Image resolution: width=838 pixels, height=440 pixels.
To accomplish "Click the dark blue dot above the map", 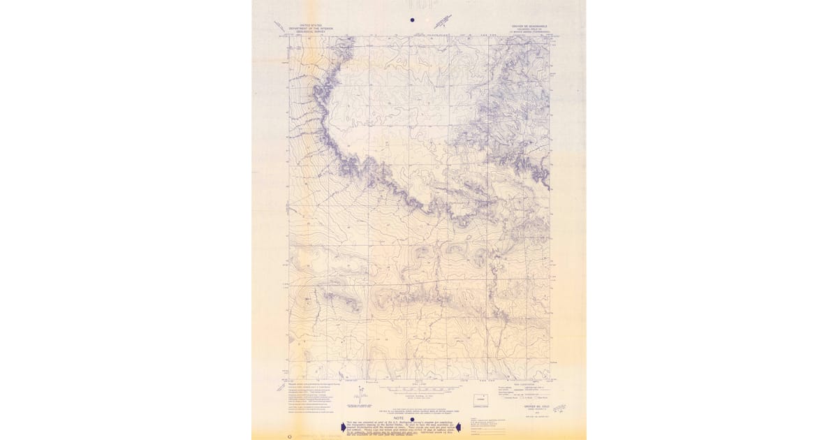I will pyautogui.click(x=412, y=20).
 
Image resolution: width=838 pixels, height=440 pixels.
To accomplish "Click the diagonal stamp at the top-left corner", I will pyautogui.click(x=281, y=28).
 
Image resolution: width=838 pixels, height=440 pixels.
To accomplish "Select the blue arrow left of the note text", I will pyautogui.click(x=344, y=427).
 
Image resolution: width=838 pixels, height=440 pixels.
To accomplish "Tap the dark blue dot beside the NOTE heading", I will pyautogui.click(x=402, y=419).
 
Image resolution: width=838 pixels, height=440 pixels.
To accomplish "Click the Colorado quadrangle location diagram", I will pyautogui.click(x=480, y=400).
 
